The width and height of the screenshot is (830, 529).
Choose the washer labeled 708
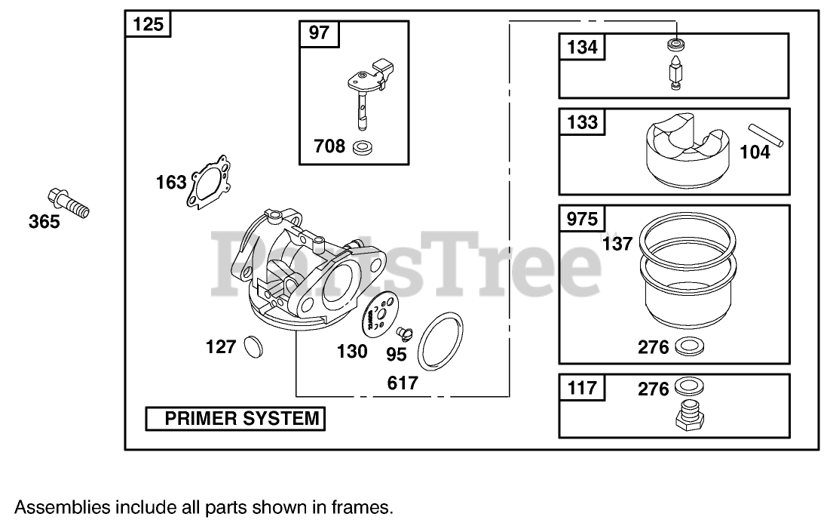(364, 146)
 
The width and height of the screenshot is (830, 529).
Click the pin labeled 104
(767, 135)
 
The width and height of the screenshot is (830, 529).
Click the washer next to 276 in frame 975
(688, 347)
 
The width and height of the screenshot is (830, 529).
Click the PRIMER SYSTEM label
(235, 418)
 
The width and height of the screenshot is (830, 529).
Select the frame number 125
(148, 25)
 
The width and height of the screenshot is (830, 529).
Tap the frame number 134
(582, 48)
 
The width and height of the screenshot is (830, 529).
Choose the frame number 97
(320, 34)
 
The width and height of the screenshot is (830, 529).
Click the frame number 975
(582, 220)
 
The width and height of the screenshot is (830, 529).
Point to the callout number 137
(618, 244)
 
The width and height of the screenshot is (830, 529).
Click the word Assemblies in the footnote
(60, 507)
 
